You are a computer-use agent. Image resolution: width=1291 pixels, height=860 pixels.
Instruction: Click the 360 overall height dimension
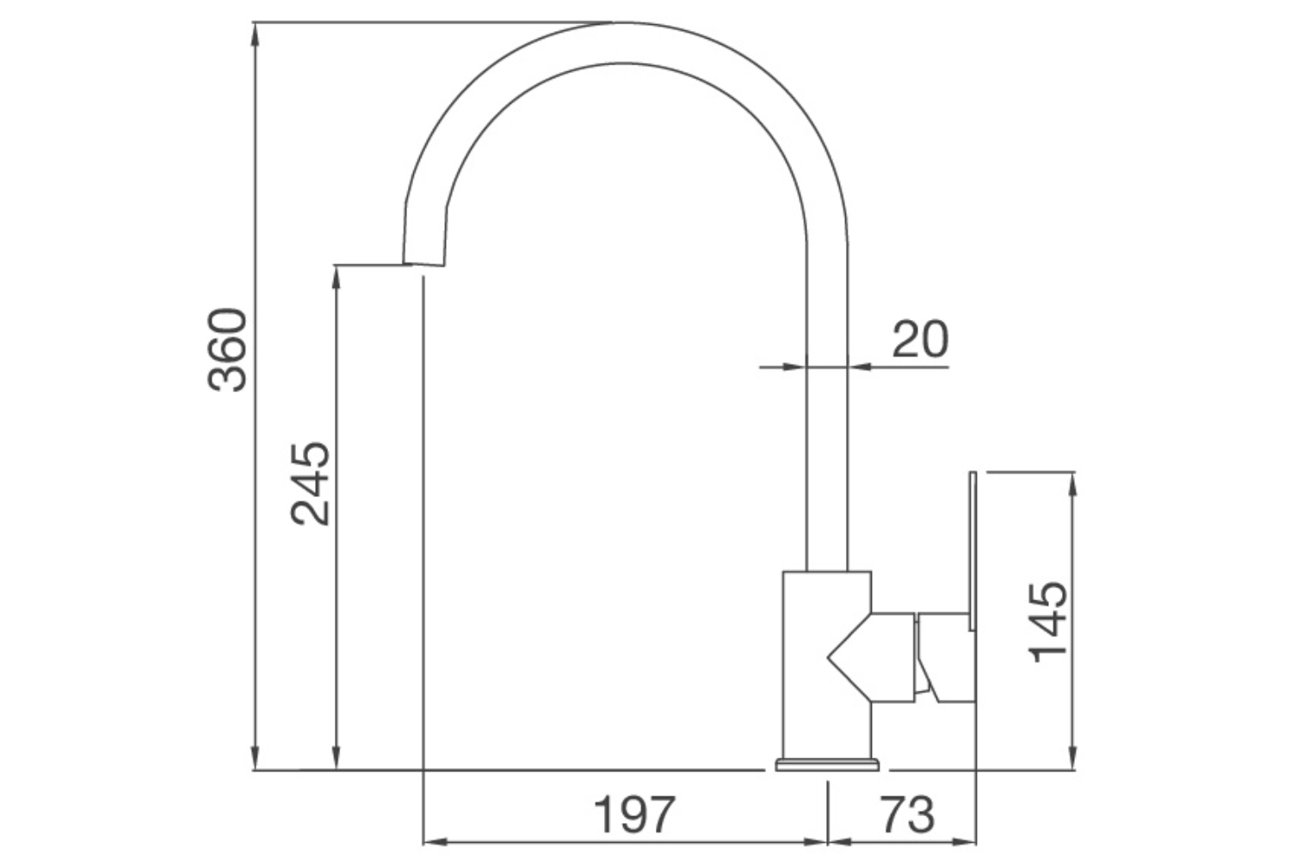[228, 349]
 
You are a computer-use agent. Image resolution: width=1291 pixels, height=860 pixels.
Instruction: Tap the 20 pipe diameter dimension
[919, 339]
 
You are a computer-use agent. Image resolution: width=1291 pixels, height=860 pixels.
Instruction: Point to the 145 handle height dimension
[1048, 621]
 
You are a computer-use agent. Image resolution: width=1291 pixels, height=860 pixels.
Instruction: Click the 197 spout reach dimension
[635, 814]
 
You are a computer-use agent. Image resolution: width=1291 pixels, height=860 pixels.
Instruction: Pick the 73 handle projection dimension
[906, 814]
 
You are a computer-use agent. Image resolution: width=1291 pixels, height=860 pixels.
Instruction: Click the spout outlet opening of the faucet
[423, 263]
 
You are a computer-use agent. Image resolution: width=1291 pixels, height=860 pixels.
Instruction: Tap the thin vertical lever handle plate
[973, 550]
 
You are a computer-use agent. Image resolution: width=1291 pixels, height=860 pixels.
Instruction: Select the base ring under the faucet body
[827, 764]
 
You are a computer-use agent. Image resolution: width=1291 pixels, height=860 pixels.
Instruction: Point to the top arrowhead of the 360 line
[255, 31]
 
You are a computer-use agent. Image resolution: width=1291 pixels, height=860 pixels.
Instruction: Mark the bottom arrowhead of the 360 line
[255, 762]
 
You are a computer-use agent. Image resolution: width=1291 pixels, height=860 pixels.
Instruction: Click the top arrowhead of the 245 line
[337, 273]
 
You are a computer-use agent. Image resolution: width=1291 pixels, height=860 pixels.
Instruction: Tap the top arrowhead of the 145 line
[1072, 481]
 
